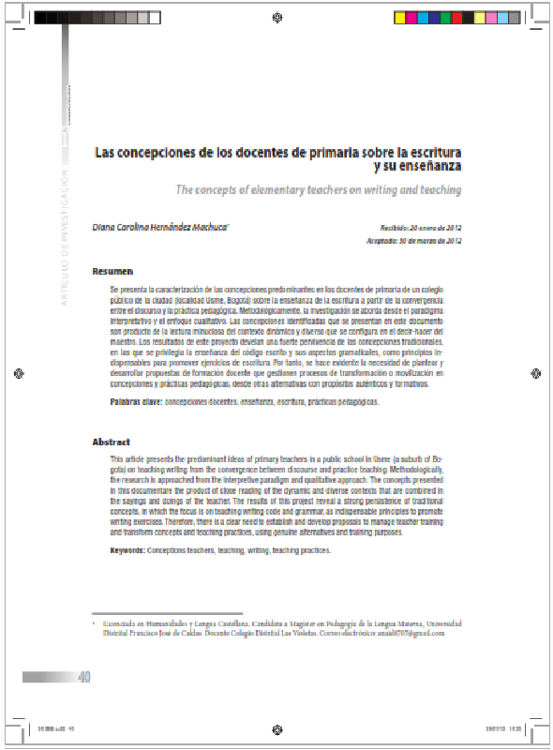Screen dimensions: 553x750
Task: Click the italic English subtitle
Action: pyautogui.click(x=319, y=190)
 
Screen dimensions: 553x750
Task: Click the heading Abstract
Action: pyautogui.click(x=111, y=442)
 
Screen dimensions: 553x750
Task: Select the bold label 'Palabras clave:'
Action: pyautogui.click(x=137, y=401)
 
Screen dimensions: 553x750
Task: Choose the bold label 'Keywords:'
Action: pyautogui.click(x=127, y=553)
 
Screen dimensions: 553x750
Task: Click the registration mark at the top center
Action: pyautogui.click(x=276, y=16)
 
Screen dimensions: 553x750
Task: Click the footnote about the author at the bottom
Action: pyautogui.click(x=272, y=627)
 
